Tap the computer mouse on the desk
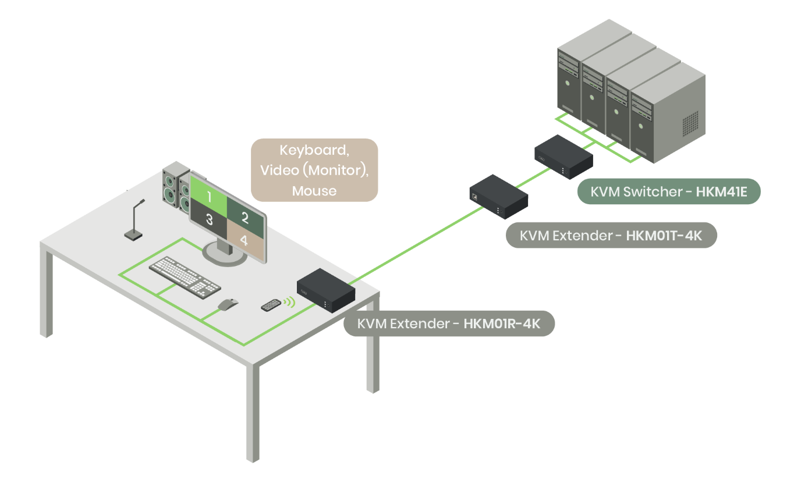point(228,304)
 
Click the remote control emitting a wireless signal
point(271,304)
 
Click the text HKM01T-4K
point(663,236)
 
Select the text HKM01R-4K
point(501,324)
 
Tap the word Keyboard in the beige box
point(314,150)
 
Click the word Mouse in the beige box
point(314,190)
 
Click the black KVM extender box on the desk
point(325,289)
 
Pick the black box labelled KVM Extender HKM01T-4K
point(499,196)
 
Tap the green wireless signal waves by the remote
point(289,302)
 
